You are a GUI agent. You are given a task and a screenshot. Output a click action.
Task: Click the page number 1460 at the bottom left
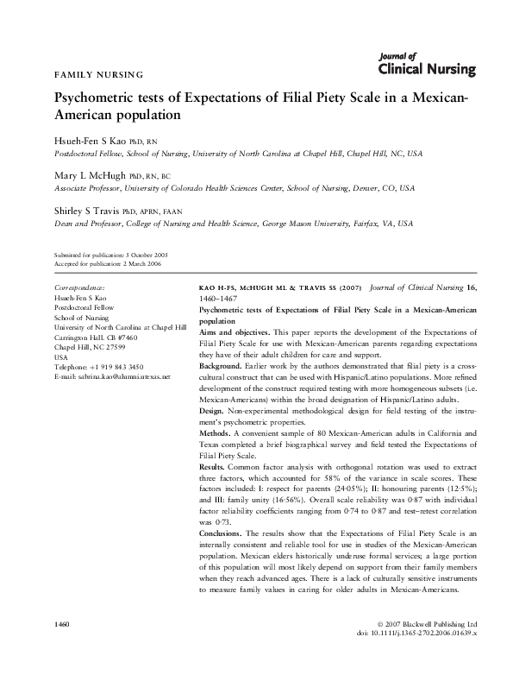(61, 623)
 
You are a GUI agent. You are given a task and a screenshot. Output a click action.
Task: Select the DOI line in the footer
(433, 632)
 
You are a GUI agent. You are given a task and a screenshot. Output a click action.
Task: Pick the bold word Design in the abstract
(212, 413)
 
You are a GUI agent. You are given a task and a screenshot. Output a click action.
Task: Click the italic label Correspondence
(79, 286)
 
